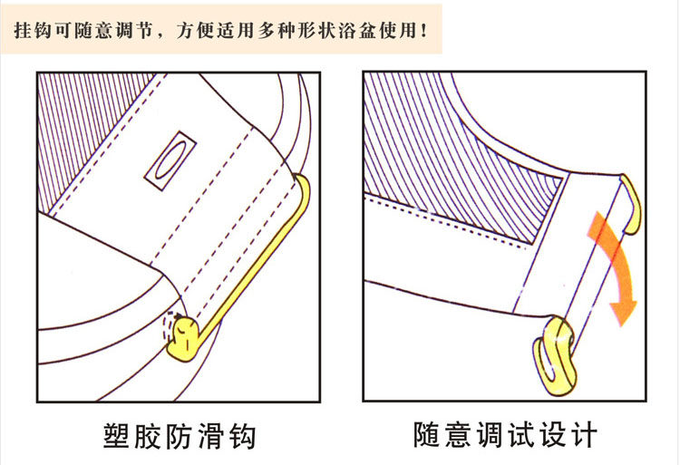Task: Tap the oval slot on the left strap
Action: (170, 160)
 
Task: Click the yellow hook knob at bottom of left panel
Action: (183, 338)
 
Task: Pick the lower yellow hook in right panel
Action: (555, 355)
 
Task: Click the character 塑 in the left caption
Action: (117, 435)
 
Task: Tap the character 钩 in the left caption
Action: (242, 435)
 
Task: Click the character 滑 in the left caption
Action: (210, 435)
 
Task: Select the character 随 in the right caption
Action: (427, 434)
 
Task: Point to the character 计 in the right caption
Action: (584, 434)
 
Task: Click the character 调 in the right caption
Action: (490, 434)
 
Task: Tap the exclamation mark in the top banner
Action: (423, 31)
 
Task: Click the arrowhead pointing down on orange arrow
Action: (624, 311)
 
